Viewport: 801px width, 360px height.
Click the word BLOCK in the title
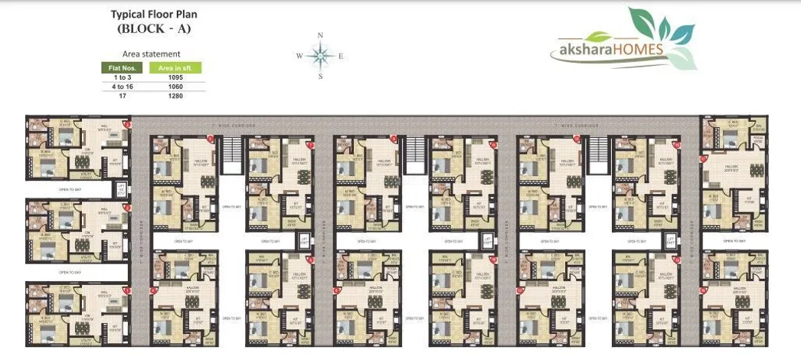pyautogui.click(x=145, y=29)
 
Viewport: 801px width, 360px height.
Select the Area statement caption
pyautogui.click(x=152, y=54)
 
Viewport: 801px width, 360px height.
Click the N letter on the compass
pyautogui.click(x=320, y=36)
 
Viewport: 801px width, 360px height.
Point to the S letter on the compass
pyautogui.click(x=320, y=76)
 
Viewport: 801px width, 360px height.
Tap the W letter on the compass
pyautogui.click(x=299, y=56)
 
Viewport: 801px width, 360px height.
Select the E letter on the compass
pyautogui.click(x=341, y=56)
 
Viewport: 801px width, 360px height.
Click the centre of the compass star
pyautogui.click(x=320, y=55)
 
